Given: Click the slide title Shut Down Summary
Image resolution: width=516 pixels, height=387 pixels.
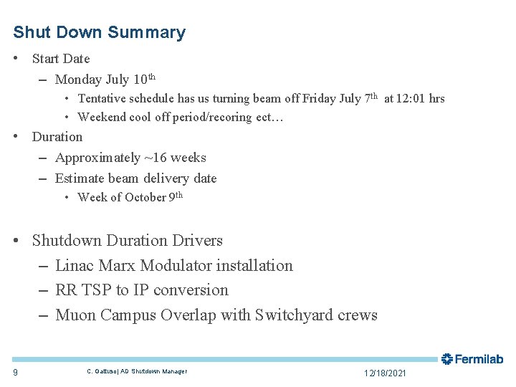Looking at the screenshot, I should (99, 32).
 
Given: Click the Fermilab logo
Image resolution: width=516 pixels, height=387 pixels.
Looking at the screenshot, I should (472, 359).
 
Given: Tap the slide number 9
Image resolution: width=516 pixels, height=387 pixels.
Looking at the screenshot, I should (16, 371).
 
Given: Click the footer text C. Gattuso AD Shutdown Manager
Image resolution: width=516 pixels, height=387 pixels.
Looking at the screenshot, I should (136, 371).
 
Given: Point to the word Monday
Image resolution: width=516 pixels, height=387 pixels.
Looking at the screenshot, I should (78, 80).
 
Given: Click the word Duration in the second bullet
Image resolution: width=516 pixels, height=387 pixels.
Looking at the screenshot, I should (57, 137).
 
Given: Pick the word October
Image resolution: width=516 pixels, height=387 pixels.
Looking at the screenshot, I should (145, 198).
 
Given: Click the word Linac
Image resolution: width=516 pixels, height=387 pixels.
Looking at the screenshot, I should (74, 266).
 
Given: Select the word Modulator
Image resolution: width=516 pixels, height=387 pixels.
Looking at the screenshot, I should (178, 266).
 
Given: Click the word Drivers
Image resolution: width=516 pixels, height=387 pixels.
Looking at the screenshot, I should (195, 241).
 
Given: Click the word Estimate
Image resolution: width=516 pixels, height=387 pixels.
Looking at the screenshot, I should (79, 178).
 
